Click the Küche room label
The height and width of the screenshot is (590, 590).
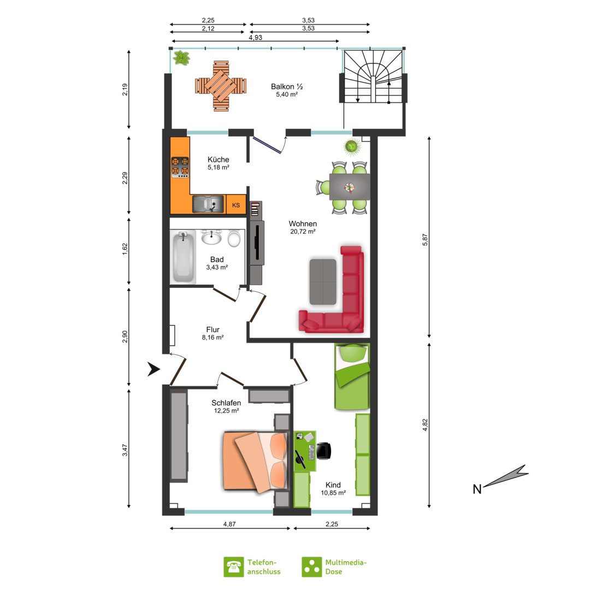218,160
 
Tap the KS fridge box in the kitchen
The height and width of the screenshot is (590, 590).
237,205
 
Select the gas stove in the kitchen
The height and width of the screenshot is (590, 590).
180,168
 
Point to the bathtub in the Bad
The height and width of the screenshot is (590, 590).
183,257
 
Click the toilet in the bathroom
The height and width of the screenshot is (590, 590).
234,239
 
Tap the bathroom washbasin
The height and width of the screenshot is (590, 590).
211,238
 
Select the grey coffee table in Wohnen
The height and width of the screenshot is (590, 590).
323,281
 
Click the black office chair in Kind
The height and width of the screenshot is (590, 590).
324,451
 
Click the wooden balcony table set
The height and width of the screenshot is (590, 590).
221,86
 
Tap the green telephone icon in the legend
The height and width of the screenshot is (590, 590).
234,567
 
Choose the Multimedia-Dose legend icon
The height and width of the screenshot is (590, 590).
312,567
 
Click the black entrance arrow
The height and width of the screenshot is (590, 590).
153,369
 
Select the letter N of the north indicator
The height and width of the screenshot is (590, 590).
477,489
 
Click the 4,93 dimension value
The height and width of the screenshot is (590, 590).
256,38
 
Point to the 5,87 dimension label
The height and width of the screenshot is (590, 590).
425,240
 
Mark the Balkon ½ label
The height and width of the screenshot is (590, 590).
287,86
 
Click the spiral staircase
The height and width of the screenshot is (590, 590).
373,77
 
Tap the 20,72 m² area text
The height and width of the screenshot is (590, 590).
303,232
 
